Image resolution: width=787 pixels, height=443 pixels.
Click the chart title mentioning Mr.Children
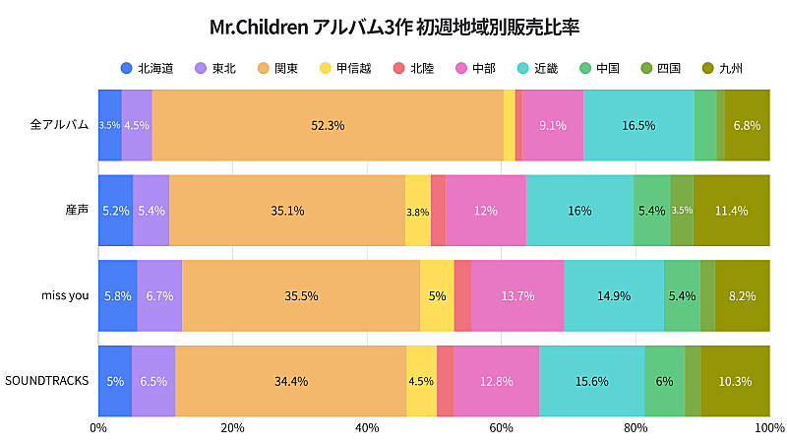[393, 26]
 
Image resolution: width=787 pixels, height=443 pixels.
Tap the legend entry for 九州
[722, 68]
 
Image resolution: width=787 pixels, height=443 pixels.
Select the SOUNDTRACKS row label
[47, 381]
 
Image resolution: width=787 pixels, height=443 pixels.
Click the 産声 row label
[77, 211]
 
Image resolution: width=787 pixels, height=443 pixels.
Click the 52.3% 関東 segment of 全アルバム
[328, 125]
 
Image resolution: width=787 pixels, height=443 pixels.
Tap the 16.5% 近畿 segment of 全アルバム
[638, 125]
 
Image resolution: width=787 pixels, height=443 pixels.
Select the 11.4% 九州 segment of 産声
[732, 211]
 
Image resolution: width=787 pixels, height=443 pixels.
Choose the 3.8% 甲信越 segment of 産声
[418, 211]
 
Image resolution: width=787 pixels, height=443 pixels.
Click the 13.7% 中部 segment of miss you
[517, 295]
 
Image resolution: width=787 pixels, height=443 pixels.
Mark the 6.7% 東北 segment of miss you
[159, 295]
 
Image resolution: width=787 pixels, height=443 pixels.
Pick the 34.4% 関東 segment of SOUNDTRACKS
[291, 381]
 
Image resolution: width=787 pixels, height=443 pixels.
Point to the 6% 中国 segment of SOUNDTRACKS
[664, 381]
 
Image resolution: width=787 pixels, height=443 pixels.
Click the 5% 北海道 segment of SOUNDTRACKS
[115, 381]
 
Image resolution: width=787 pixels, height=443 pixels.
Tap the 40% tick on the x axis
[367, 427]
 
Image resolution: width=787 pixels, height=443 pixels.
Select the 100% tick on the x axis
[769, 427]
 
